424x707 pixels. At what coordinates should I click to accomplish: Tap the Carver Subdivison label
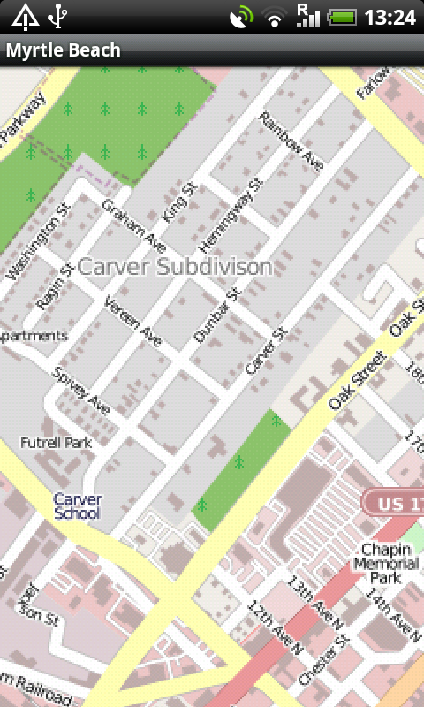[x=175, y=266]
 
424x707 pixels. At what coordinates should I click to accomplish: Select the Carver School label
[x=78, y=506]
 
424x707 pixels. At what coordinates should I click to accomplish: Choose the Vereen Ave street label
[x=132, y=321]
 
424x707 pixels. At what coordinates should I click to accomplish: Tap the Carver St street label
[x=267, y=350]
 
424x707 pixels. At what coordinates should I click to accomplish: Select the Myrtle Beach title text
[x=64, y=50]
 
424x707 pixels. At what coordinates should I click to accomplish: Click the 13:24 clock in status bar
[x=390, y=17]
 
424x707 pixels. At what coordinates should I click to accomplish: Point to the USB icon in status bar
[x=57, y=16]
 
